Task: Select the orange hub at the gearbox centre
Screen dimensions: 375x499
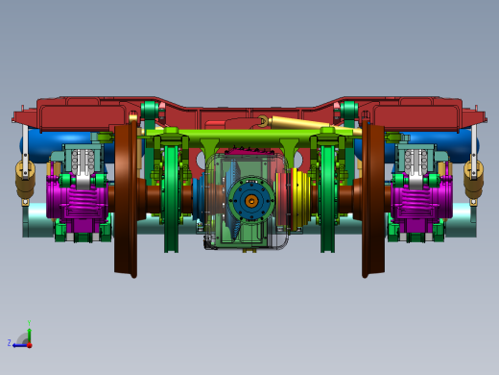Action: coord(250,201)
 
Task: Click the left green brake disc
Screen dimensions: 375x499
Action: coord(171,192)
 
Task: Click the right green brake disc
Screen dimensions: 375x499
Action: coord(328,192)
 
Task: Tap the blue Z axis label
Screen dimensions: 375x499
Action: coord(9,342)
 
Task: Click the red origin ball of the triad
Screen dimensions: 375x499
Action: coord(29,342)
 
